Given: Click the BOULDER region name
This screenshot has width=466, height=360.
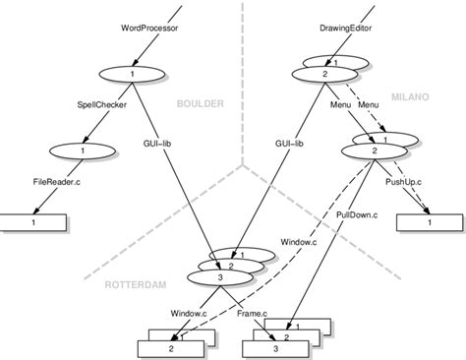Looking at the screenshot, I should [x=201, y=102].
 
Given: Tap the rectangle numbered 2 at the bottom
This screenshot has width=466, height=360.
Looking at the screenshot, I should [x=172, y=347].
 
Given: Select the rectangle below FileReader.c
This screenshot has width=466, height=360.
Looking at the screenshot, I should [x=34, y=224].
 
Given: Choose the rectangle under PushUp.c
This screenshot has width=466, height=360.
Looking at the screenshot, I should [x=428, y=224].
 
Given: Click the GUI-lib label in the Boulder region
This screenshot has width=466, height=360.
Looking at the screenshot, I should [x=155, y=144].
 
